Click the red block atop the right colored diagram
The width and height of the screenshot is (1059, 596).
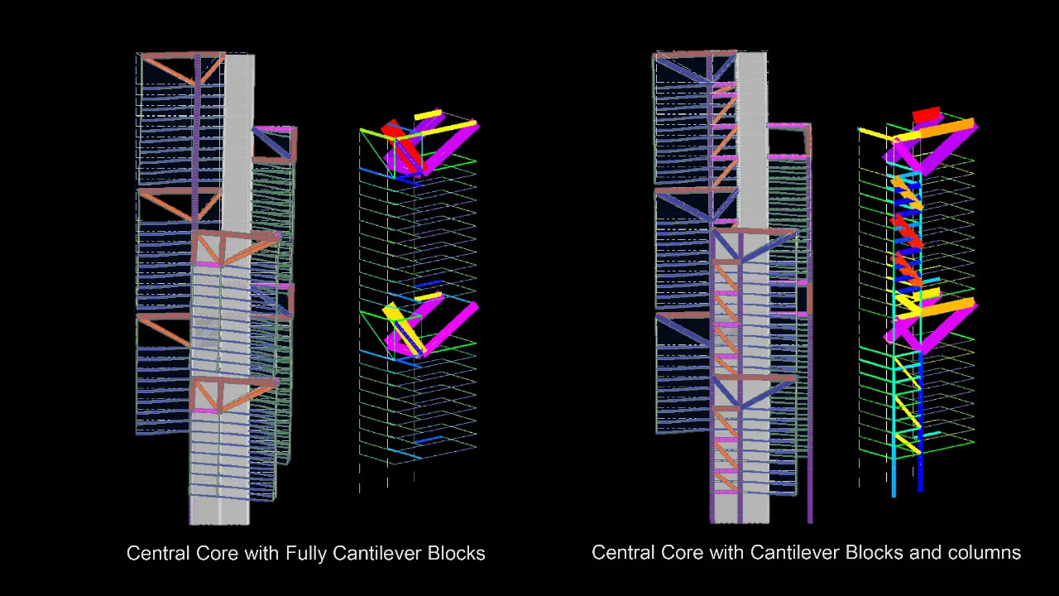click(x=926, y=114)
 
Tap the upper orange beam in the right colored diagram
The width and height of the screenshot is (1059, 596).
click(x=947, y=129)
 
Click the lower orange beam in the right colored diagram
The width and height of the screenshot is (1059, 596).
click(x=947, y=307)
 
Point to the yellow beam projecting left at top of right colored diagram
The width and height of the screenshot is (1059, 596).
click(x=873, y=132)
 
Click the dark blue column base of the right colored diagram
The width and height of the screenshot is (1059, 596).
click(x=920, y=478)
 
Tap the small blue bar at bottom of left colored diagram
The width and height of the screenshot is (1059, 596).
click(x=427, y=440)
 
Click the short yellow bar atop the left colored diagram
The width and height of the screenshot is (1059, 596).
click(x=428, y=114)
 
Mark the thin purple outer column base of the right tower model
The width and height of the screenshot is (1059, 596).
click(x=810, y=505)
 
